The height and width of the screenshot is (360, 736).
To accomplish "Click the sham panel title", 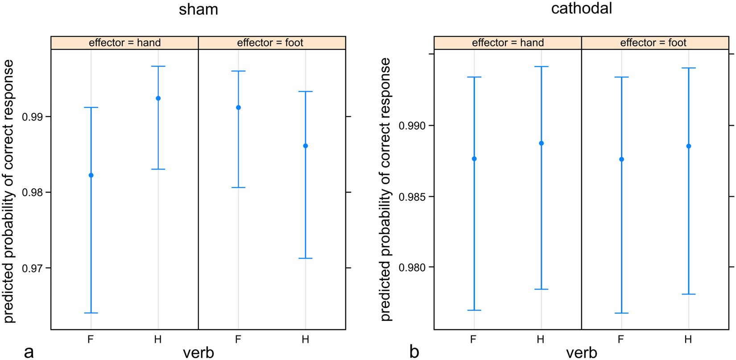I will (x=198, y=9).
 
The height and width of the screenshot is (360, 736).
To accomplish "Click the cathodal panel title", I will (x=581, y=8).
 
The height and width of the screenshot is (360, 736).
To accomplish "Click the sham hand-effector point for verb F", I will (x=91, y=175).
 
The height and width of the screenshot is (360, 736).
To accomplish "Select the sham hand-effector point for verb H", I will (x=158, y=98).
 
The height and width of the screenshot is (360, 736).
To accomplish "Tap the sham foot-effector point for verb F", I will (x=238, y=108).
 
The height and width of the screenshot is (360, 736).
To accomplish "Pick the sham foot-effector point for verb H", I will (x=306, y=146).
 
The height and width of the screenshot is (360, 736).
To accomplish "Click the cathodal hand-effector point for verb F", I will (x=474, y=159).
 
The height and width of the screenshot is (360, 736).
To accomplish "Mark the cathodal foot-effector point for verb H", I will (x=689, y=146).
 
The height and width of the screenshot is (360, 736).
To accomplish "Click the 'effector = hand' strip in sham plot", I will (x=124, y=43).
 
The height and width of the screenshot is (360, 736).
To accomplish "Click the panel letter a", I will (x=29, y=352).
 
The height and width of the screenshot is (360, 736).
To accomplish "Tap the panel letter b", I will (x=414, y=352).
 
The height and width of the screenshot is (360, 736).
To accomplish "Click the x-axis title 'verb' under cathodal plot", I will (x=581, y=353).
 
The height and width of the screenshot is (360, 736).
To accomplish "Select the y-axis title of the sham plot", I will (x=9, y=192).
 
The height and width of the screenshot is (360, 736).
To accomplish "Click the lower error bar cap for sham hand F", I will (x=91, y=313).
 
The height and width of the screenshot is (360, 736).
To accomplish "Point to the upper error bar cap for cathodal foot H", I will (x=689, y=68).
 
